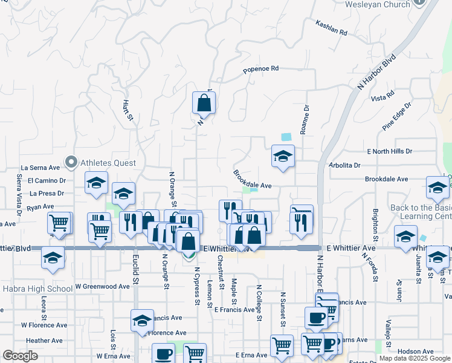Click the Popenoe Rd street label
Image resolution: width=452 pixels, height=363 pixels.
pyautogui.click(x=260, y=70)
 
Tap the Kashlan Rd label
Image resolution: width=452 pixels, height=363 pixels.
pyautogui.click(x=332, y=27)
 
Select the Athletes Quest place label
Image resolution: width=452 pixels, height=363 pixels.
pyautogui.click(x=108, y=162)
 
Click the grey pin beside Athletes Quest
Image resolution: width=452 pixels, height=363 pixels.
pyautogui.click(x=72, y=162)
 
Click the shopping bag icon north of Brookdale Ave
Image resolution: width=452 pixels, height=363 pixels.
pyautogui.click(x=204, y=103)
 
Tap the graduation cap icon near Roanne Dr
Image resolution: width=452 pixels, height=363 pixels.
pyautogui.click(x=283, y=157)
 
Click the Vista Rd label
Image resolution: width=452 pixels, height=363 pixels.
pyautogui.click(x=383, y=97)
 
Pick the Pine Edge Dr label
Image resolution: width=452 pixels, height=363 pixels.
pyautogui.click(x=397, y=116)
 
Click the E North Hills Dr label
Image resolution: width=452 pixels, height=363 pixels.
pyautogui.click(x=389, y=151)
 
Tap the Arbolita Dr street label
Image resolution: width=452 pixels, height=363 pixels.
pyautogui.click(x=345, y=165)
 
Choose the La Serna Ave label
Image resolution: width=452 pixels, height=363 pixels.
pyautogui.click(x=40, y=168)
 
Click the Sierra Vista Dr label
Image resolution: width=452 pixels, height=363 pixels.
pyautogui.click(x=19, y=195)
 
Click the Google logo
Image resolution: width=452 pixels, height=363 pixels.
pyautogui.click(x=20, y=356)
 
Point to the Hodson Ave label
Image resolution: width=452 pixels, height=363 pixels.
pyautogui.click(x=416, y=351)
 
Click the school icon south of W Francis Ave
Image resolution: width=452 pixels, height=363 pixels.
pyautogui.click(x=142, y=321)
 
